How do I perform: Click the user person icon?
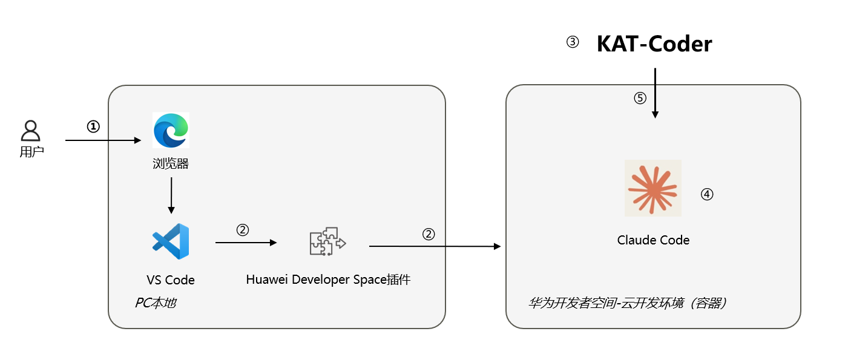tap(31, 131)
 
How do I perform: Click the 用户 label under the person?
tap(31, 152)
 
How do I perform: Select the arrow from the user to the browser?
tap(103, 140)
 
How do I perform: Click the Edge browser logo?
tap(171, 130)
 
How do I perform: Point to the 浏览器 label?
tap(171, 163)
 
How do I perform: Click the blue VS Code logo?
tap(171, 241)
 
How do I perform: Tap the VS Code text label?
tap(171, 280)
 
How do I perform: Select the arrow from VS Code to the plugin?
tap(245, 243)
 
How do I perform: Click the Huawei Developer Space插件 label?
tap(328, 280)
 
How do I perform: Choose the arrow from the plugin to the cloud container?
tap(435, 246)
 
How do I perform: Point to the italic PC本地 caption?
tap(155, 303)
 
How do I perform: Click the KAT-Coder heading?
tap(654, 44)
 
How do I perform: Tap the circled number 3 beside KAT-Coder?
tap(572, 42)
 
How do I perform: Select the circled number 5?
tap(640, 98)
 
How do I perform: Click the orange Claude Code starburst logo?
tap(653, 188)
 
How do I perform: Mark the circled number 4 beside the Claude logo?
tap(707, 194)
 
